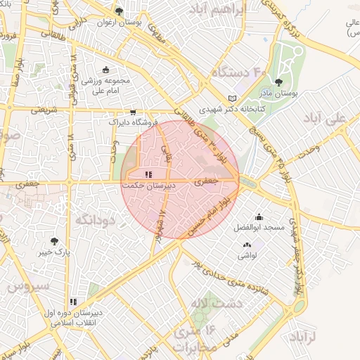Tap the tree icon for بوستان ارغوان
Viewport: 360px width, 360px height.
[x=119, y=11]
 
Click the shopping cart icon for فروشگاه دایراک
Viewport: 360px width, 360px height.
[x=132, y=112]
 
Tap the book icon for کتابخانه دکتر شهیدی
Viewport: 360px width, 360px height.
[x=233, y=98]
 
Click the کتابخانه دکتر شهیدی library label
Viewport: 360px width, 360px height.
[x=224, y=110]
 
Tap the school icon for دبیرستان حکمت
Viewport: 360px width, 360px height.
[x=148, y=174]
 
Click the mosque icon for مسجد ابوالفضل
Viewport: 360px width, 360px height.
[x=259, y=217]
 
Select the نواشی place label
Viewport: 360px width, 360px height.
[x=247, y=255]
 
